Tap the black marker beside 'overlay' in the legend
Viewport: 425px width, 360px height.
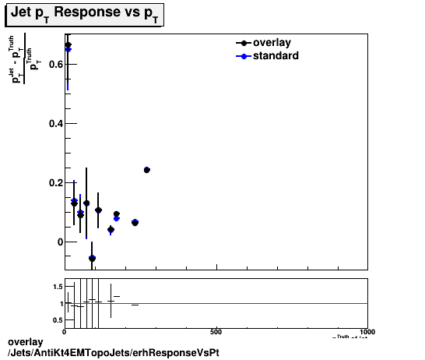pos(245,43)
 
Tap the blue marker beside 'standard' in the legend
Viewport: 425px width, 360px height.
pos(245,56)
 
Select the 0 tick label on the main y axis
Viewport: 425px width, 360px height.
pos(58,242)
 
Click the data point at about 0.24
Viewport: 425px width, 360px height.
pos(147,169)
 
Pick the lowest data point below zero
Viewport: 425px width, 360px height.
pos(92,258)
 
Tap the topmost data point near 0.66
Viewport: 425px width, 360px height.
pos(68,45)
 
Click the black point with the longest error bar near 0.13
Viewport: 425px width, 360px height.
pos(86,203)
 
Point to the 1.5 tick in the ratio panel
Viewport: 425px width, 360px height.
pos(58,288)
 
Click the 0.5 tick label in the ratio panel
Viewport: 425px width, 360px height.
pos(58,320)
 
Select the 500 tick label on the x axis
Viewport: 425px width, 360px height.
pos(216,332)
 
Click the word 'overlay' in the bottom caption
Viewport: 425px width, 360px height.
pos(23,342)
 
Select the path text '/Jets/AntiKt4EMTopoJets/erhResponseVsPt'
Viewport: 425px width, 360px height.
pos(113,352)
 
